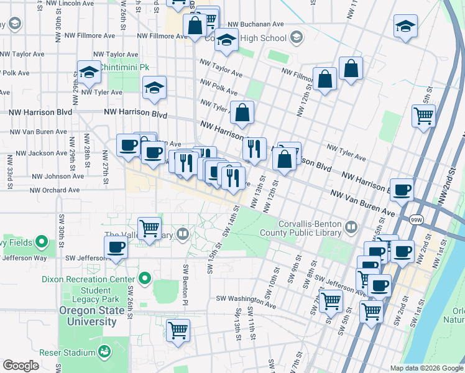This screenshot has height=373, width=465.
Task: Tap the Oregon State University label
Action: [x=88, y=316]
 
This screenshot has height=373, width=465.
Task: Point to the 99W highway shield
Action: [x=415, y=219]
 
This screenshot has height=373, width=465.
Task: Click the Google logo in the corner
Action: [x=21, y=366]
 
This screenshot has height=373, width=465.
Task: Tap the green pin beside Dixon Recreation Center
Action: [x=145, y=279]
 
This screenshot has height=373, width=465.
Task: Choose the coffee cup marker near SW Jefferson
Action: [x=116, y=247]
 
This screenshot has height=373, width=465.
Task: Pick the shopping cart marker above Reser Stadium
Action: [x=178, y=329]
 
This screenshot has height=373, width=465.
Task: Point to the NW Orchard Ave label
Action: [x=55, y=190]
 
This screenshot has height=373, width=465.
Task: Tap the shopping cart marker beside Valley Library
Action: [x=149, y=228]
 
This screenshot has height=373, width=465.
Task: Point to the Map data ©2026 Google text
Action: [x=426, y=368]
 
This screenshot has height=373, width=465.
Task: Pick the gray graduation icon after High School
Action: [x=297, y=38]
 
